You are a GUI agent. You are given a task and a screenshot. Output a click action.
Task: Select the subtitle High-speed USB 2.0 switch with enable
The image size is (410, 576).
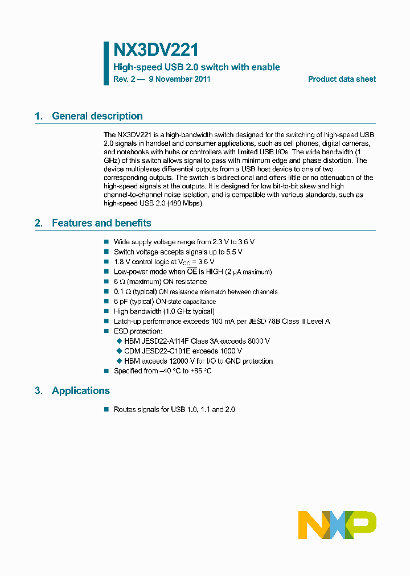coord(196,67)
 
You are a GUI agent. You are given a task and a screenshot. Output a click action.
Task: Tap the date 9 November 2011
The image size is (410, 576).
coord(179,79)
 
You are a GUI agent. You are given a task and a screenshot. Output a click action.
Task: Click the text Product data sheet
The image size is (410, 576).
coord(342,79)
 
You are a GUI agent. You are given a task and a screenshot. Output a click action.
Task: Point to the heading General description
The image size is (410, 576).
coord(97,116)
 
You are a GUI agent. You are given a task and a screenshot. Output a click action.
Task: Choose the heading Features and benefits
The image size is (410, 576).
coord(101,223)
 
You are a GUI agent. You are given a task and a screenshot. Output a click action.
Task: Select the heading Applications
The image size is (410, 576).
coord(81,390)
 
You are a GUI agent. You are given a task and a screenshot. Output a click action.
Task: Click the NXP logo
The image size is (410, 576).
coord(337,525)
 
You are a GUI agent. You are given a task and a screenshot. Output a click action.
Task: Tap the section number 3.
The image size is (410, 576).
coord(38,390)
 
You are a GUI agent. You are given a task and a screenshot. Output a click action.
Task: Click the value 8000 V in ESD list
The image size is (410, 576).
coord(258,341)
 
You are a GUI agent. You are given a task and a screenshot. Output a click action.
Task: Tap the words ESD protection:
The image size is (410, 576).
coord(138,331)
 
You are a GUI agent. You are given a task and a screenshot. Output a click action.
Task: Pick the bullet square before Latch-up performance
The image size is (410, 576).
coord(106,322)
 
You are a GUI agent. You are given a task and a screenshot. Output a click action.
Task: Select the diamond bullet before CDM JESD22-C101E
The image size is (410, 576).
coord(119,351)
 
